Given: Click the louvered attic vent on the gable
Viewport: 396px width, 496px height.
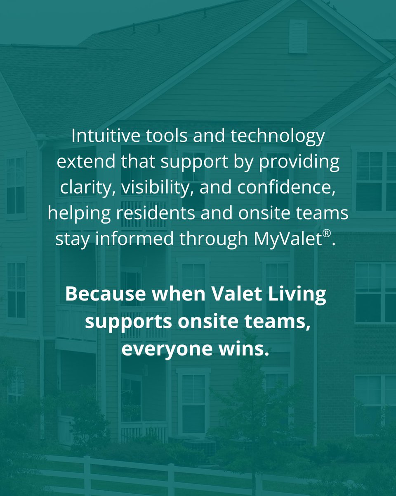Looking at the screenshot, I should pos(298,36).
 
